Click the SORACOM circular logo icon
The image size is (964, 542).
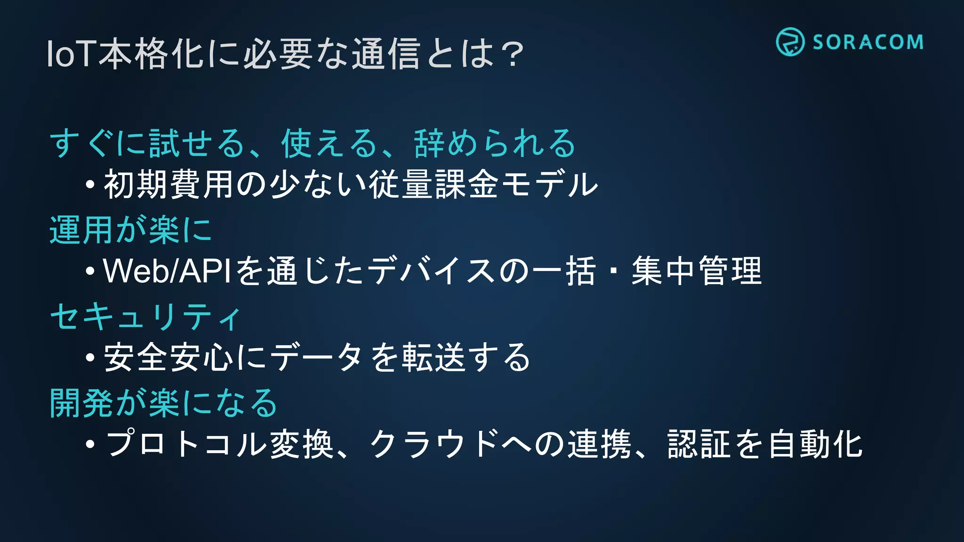click(x=790, y=42)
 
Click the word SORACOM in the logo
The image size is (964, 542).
click(x=868, y=42)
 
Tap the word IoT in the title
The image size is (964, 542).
click(x=71, y=54)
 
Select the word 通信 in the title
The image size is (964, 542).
click(x=386, y=54)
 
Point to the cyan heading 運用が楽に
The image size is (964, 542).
click(x=131, y=230)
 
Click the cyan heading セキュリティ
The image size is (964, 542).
click(x=146, y=317)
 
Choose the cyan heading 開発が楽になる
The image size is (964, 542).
click(x=164, y=403)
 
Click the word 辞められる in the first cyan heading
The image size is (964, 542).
click(x=495, y=143)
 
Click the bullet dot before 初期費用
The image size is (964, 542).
click(x=90, y=184)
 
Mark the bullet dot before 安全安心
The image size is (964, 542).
click(x=90, y=358)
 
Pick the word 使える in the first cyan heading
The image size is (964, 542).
click(x=329, y=143)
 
